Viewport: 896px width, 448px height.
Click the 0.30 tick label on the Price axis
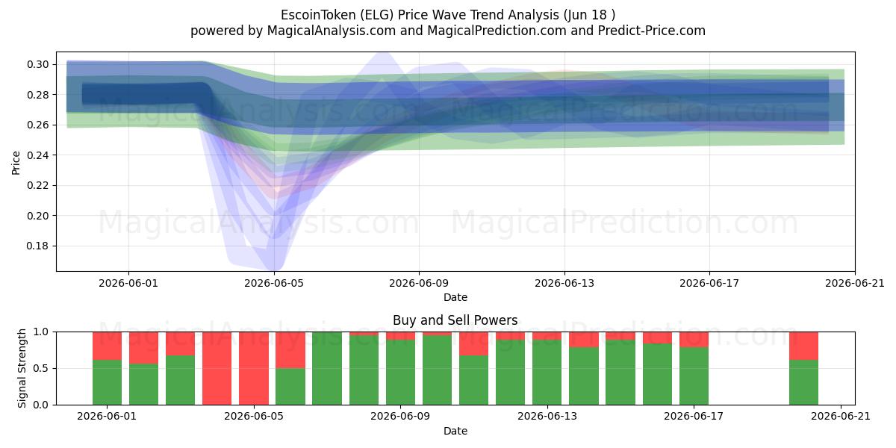click(37, 64)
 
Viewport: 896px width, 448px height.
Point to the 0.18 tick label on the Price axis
click(37, 246)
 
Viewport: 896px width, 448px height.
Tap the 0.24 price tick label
click(37, 155)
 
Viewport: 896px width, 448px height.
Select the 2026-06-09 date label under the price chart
click(419, 283)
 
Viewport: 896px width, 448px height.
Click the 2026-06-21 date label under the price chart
click(855, 283)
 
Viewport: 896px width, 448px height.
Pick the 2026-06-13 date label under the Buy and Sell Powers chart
click(547, 417)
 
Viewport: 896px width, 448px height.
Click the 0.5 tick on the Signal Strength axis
click(40, 368)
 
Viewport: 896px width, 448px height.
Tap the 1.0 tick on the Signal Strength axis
click(40, 332)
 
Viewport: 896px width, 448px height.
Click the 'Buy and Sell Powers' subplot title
click(455, 320)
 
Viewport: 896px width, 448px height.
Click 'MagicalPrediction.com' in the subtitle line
click(497, 31)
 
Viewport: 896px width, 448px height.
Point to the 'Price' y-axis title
click(16, 163)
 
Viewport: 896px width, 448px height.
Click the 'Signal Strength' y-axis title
click(22, 368)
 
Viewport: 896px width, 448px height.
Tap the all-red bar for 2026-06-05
click(254, 368)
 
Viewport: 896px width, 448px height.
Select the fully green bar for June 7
click(327, 368)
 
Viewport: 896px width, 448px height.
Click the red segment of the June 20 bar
click(803, 346)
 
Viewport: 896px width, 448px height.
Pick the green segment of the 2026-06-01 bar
click(108, 382)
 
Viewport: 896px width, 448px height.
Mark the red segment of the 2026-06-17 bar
click(694, 339)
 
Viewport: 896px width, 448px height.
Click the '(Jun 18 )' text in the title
click(589, 15)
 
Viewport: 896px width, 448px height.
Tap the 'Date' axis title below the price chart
click(455, 297)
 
